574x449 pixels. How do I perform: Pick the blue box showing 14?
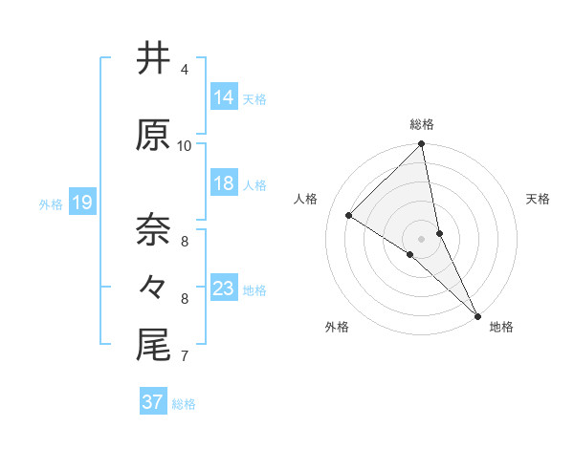click(223, 97)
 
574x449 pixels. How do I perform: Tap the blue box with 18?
click(223, 183)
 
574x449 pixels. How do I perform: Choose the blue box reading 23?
click(223, 289)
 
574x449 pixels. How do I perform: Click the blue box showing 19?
click(81, 203)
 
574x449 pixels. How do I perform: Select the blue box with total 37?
click(152, 402)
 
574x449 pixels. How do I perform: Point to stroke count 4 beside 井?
click(185, 70)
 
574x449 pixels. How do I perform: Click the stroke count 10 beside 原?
click(185, 145)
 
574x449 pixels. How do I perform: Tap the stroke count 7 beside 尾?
click(185, 356)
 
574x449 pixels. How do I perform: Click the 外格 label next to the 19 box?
click(50, 203)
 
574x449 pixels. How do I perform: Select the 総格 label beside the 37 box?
click(184, 404)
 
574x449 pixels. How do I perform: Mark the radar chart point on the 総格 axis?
click(421, 144)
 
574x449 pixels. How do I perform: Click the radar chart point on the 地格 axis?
click(477, 314)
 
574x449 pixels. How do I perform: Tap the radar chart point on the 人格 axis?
click(349, 216)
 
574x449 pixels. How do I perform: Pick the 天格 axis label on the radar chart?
click(539, 199)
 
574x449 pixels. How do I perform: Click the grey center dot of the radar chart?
click(421, 238)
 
